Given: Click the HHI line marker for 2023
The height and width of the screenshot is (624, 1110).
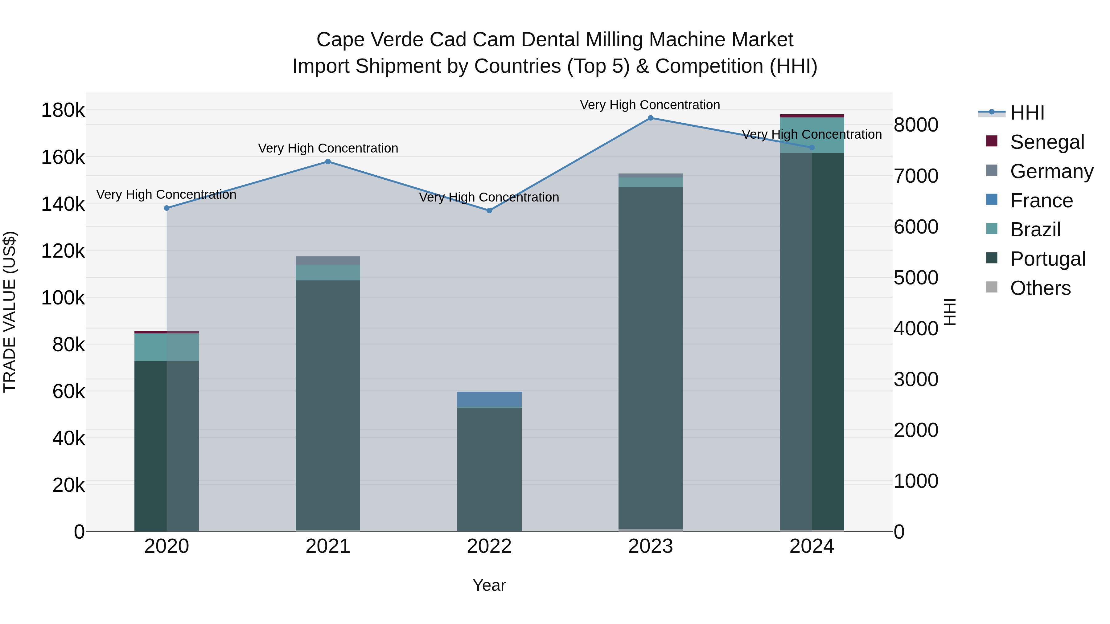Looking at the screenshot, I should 651,118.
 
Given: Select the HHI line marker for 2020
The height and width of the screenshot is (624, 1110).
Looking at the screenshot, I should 167,208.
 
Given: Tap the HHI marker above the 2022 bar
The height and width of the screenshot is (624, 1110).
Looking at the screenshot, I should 489,210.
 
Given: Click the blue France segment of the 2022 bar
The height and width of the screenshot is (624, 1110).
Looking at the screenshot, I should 489,399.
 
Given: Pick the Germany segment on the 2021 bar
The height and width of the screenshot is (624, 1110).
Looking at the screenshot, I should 328,260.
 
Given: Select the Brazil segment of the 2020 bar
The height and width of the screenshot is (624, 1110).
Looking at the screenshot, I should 167,347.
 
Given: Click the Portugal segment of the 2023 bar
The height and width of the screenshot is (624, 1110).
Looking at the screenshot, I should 651,357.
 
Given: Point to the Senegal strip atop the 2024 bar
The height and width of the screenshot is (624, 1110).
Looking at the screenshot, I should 812,116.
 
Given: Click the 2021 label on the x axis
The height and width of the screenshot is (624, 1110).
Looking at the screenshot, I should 328,546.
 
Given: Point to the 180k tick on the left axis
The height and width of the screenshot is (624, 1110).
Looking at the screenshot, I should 63,111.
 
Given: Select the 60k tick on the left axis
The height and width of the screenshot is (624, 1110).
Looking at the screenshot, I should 68,391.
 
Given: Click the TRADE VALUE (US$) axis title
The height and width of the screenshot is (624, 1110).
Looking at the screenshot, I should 10,312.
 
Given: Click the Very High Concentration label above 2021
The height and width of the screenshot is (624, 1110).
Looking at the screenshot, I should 328,148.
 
